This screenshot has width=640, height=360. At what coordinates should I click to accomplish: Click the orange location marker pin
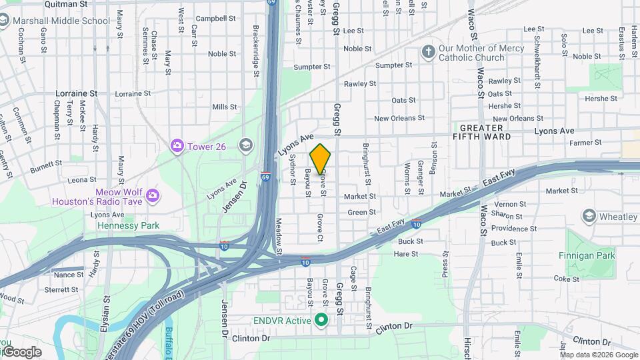(x=320, y=158)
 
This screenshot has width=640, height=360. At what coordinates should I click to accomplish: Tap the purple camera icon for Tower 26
(x=177, y=146)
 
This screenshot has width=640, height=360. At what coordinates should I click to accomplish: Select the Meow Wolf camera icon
(x=153, y=195)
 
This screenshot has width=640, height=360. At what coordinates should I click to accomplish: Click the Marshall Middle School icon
(x=6, y=21)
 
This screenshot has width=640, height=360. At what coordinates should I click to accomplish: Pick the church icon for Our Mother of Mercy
(x=428, y=52)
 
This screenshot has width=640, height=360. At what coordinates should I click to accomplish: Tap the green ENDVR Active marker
(x=321, y=321)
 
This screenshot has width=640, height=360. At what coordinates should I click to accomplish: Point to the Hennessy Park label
(x=129, y=225)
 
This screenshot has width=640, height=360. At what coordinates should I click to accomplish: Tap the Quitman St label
(x=66, y=4)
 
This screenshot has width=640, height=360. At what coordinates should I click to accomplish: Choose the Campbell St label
(x=211, y=19)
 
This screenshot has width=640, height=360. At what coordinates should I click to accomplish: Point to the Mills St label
(x=224, y=107)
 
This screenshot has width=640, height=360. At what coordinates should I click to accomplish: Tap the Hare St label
(x=406, y=254)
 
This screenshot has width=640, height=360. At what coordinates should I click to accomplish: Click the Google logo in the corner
(x=21, y=351)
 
